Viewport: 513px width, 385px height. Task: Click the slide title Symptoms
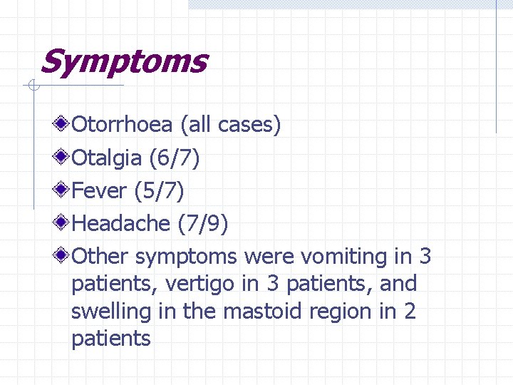123,62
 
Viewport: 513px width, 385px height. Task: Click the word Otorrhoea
123,125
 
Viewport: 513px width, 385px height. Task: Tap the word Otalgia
108,158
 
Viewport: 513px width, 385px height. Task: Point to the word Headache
121,224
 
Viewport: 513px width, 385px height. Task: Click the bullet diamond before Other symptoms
63,255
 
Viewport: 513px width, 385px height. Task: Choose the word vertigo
199,284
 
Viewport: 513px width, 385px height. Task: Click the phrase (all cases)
231,125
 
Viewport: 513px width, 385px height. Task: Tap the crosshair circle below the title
31,87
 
